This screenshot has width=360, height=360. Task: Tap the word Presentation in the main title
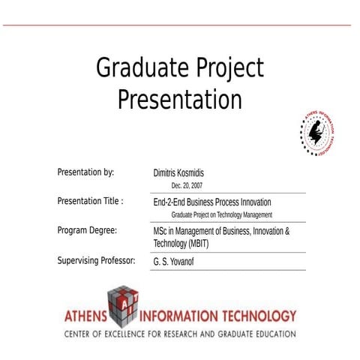click(180, 99)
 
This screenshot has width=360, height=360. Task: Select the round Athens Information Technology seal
click(316, 130)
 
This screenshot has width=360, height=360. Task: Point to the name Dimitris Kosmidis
click(184, 172)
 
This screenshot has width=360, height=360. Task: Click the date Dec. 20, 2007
click(187, 185)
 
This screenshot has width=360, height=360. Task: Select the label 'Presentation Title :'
click(90, 201)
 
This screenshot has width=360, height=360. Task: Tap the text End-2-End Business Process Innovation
click(212, 202)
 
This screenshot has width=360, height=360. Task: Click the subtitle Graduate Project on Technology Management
click(221, 215)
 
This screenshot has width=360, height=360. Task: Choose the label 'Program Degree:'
click(87, 230)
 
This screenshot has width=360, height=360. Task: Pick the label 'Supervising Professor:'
click(96, 261)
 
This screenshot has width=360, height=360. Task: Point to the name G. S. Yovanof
click(173, 262)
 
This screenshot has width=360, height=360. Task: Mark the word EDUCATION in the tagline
click(273, 333)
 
